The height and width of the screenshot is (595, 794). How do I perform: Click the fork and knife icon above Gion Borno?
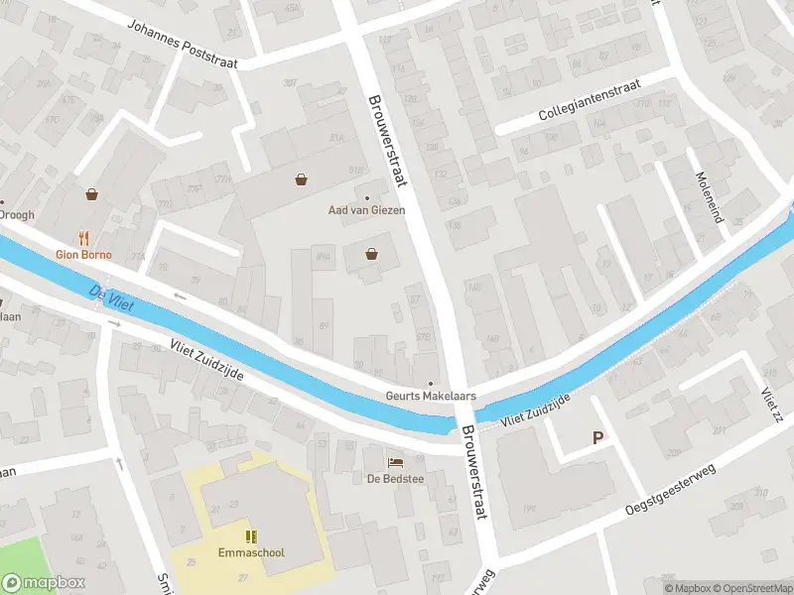point(84,238)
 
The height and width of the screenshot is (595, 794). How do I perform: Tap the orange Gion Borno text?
point(83,255)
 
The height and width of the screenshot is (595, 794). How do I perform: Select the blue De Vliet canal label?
point(110,297)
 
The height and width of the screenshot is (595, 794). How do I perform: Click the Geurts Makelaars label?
point(431,396)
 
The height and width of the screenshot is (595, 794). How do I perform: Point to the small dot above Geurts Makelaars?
point(431,383)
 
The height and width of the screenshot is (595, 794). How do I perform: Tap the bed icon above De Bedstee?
point(395,463)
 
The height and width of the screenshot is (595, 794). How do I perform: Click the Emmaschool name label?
point(251,551)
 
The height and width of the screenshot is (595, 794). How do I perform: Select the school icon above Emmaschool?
point(251,535)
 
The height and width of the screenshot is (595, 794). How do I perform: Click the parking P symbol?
point(597,437)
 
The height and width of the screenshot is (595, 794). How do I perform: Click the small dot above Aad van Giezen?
point(368,196)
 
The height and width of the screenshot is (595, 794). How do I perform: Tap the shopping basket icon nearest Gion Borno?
point(92,194)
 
